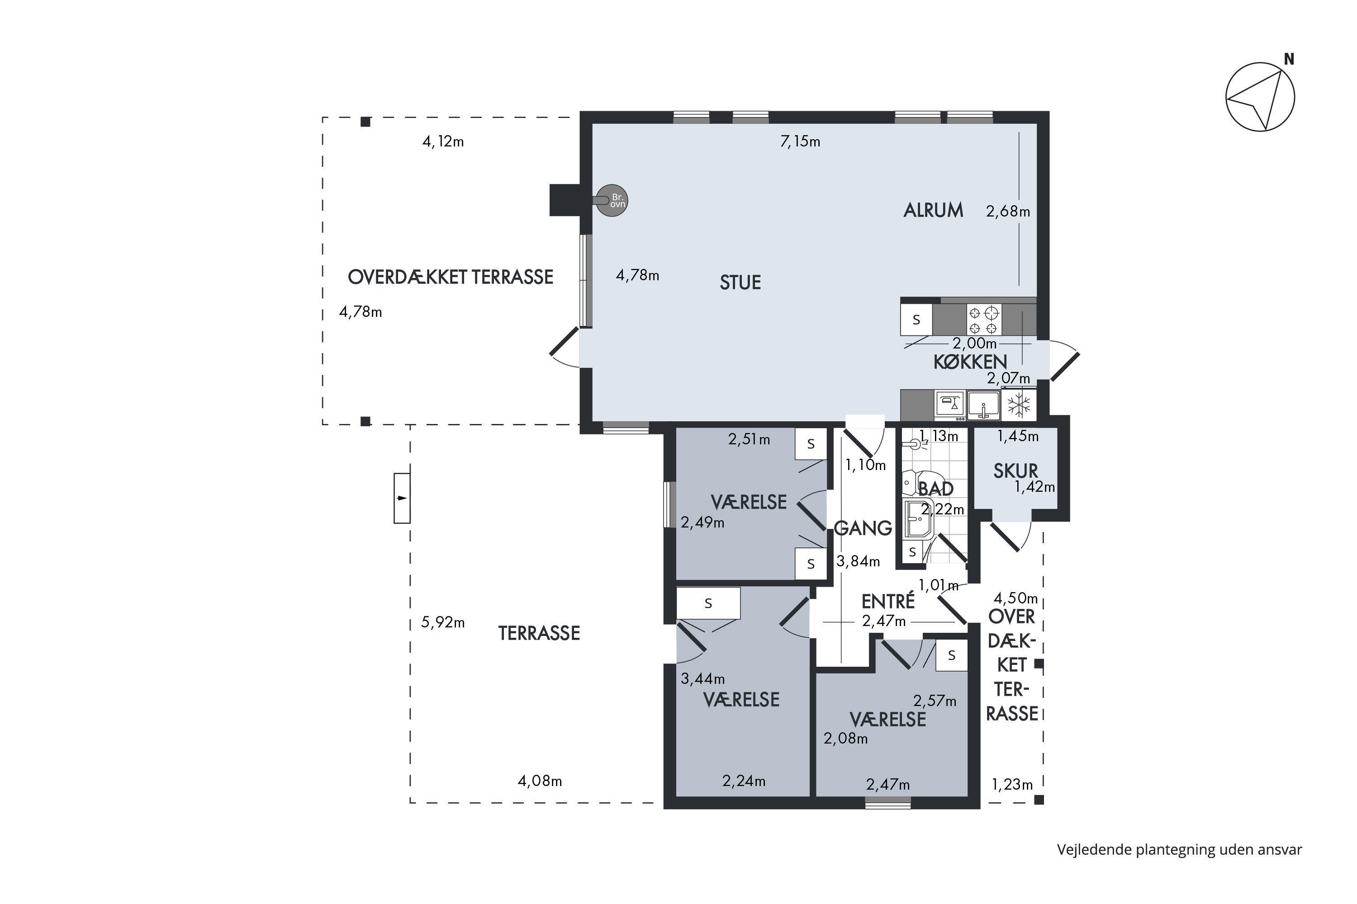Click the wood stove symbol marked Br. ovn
click(612, 201)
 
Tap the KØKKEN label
click(970, 362)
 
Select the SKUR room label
click(1015, 471)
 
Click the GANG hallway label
click(863, 528)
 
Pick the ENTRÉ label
click(888, 601)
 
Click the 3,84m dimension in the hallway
click(858, 561)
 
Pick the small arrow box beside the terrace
click(402, 498)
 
